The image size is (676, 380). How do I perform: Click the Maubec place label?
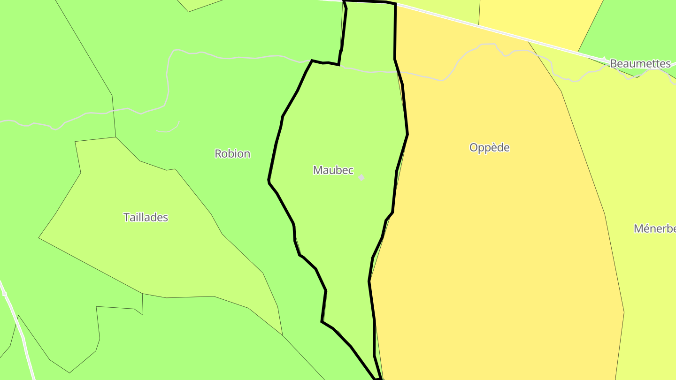(333, 170)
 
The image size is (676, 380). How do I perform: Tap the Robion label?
(232, 153)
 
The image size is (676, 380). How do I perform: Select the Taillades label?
(146, 217)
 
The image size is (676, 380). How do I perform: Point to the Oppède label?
(489, 147)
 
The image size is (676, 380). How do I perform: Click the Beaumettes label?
(640, 63)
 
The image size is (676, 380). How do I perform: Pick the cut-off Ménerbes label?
(655, 228)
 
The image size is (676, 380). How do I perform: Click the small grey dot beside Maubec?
(361, 177)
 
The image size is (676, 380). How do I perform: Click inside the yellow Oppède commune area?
(493, 235)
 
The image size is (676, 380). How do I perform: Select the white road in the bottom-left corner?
(19, 328)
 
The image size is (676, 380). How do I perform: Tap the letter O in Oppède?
(474, 148)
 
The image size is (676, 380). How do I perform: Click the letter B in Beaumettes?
(614, 63)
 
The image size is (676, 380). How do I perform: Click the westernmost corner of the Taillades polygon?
(39, 238)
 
